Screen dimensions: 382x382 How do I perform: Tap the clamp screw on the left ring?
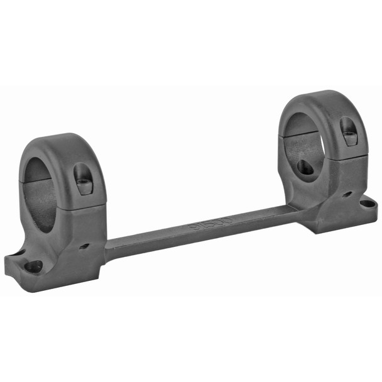[83, 183]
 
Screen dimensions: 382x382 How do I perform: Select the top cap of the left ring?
[69, 151]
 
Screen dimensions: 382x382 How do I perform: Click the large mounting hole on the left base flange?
[33, 266]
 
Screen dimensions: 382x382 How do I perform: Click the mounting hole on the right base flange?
[364, 202]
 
